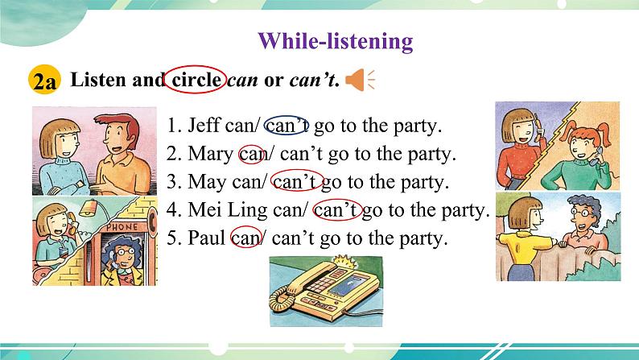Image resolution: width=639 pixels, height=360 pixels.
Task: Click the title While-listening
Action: [x=336, y=41]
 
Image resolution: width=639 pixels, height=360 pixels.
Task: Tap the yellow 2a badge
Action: [x=44, y=80]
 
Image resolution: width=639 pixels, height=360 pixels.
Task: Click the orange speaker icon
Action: [x=360, y=80]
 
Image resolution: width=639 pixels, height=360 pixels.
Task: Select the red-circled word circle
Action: [x=196, y=80]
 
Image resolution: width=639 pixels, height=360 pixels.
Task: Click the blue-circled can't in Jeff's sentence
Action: [x=287, y=125]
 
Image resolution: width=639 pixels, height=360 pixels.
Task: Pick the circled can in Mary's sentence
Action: [x=250, y=154]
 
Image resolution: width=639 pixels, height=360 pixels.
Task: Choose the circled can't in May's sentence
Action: [x=297, y=180]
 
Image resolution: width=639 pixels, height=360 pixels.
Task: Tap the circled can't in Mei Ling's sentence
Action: [x=337, y=209]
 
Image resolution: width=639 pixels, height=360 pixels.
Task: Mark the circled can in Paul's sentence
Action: [x=245, y=238]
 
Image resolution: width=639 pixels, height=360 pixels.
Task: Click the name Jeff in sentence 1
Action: [x=204, y=125]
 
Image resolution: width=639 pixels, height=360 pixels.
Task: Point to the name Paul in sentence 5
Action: [x=206, y=238]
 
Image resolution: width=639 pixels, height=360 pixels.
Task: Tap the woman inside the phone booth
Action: [x=122, y=262]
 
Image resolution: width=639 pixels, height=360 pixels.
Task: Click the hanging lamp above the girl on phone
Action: [x=89, y=209]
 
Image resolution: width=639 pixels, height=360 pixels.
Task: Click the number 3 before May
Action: [x=171, y=182]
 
